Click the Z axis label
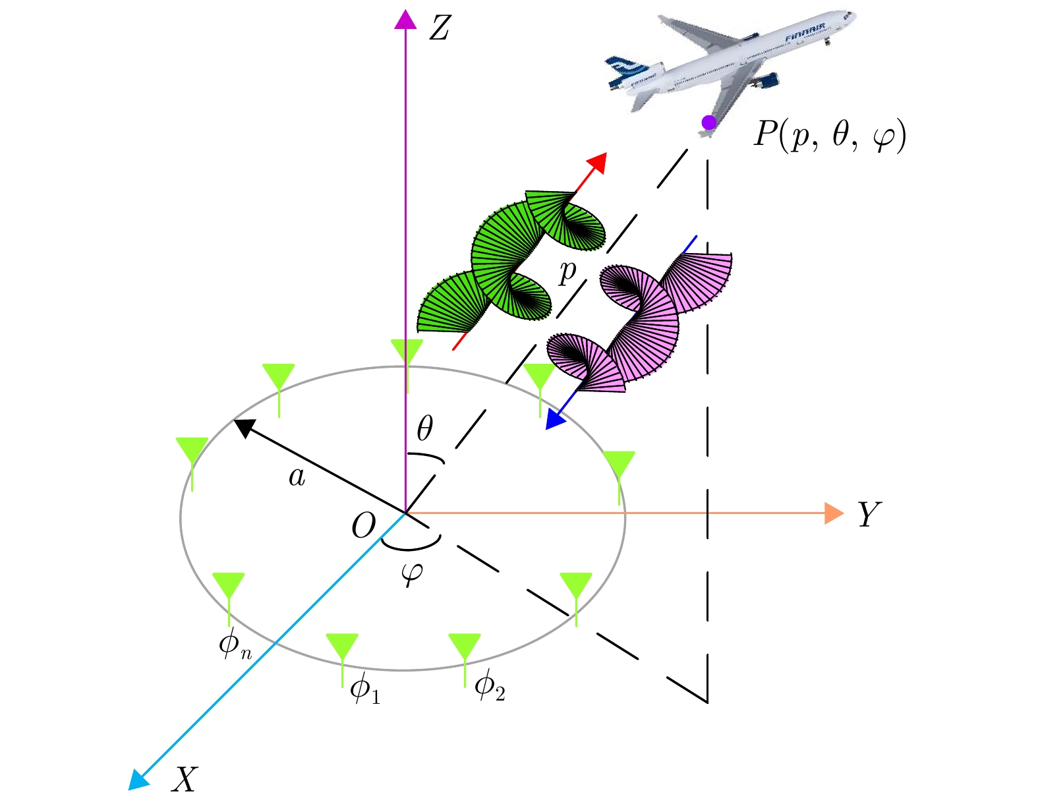click(x=439, y=28)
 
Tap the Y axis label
click(x=869, y=515)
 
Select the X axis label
click(x=184, y=780)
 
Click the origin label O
click(x=363, y=526)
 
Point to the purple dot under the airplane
click(x=708, y=123)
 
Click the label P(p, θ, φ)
click(x=830, y=136)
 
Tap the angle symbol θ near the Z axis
click(x=425, y=428)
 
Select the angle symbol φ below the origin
click(x=412, y=573)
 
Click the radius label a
click(x=297, y=476)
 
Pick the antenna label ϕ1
click(x=365, y=689)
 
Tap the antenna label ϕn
click(x=235, y=645)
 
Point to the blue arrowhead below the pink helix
click(x=555, y=420)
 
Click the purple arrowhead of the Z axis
click(x=405, y=20)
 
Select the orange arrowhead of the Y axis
click(x=834, y=513)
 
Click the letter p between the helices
click(x=567, y=272)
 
